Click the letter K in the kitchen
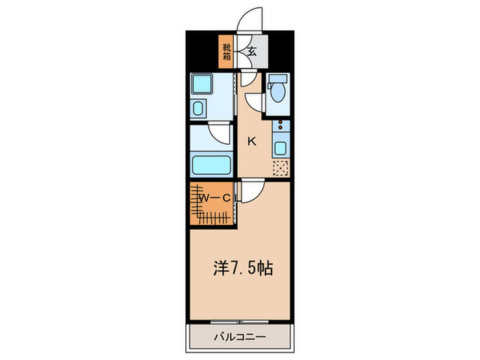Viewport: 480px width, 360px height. [x=252, y=141]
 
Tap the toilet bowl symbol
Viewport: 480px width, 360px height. [x=278, y=93]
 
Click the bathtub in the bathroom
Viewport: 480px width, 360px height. [x=212, y=165]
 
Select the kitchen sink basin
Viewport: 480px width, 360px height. [x=280, y=146]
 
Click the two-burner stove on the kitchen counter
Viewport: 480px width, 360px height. [x=280, y=127]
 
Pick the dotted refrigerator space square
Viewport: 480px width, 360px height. [x=280, y=168]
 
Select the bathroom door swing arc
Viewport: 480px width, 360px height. [x=218, y=133]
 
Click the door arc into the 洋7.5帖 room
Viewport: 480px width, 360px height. [x=250, y=192]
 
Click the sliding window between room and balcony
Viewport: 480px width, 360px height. [x=239, y=321]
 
